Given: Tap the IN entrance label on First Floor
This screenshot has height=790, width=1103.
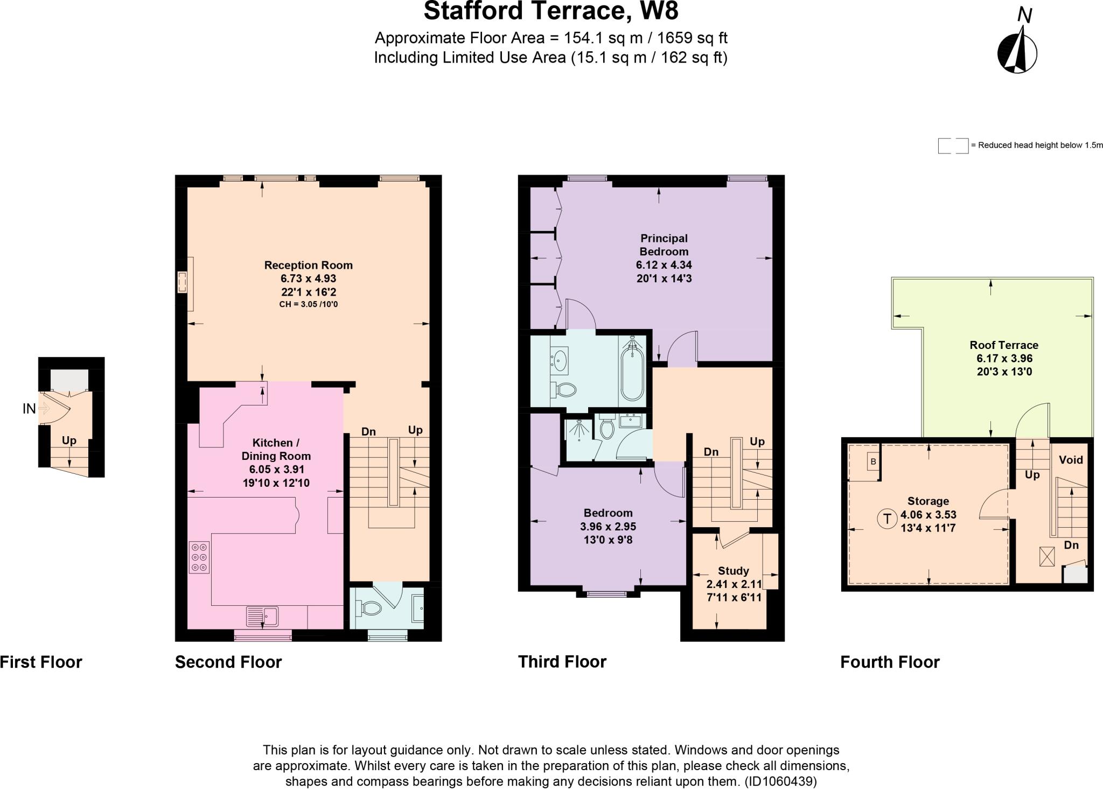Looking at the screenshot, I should tap(29, 409).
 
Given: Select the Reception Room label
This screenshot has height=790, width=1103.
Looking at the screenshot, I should tap(308, 265).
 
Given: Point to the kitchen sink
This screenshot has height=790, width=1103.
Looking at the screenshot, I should tap(262, 616).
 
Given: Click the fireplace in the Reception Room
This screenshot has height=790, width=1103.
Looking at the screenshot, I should tap(185, 283).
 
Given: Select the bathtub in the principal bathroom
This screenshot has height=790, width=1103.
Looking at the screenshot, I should tap(631, 372).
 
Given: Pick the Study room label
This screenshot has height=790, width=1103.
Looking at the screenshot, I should tap(733, 571).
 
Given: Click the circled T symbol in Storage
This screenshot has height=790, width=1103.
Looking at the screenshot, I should tap(886, 519).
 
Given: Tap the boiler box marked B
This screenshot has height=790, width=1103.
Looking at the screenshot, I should tap(873, 462).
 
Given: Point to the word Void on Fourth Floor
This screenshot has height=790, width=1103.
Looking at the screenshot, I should tap(1070, 460).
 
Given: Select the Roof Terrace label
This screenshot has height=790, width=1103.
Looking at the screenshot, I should tap(1004, 345).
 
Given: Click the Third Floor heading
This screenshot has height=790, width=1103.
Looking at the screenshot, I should tap(562, 662).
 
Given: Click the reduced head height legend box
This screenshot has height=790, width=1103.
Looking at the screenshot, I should tap(953, 145).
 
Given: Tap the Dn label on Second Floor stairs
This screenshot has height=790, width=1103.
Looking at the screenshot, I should tap(368, 431).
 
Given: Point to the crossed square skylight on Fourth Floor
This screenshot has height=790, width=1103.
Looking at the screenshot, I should tap(1046, 556).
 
